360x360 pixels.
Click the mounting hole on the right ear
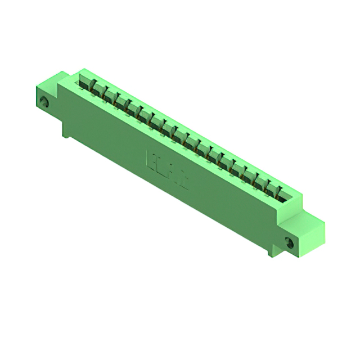point(290,243)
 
